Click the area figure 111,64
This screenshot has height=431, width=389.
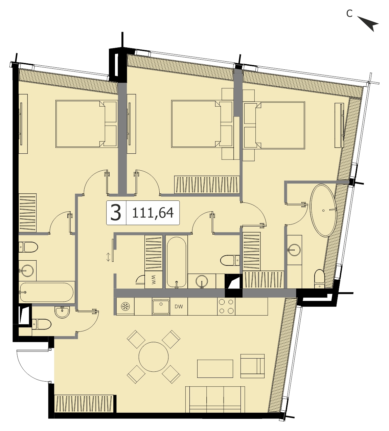click(x=153, y=213)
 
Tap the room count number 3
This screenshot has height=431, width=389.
click(x=116, y=213)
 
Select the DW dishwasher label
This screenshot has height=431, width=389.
click(x=179, y=307)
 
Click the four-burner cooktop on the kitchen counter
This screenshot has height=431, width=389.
click(x=226, y=306)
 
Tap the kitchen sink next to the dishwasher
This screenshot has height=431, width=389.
click(x=161, y=306)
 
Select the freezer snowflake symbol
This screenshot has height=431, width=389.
click(x=124, y=307)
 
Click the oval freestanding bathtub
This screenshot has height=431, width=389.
click(x=323, y=210)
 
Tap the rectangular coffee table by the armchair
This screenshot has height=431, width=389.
click(x=215, y=369)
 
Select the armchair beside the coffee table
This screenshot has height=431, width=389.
click(x=252, y=366)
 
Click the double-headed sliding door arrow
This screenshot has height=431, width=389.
click(x=108, y=257)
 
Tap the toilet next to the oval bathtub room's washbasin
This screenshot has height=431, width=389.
click(x=320, y=279)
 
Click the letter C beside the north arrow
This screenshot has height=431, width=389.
click(x=349, y=14)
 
